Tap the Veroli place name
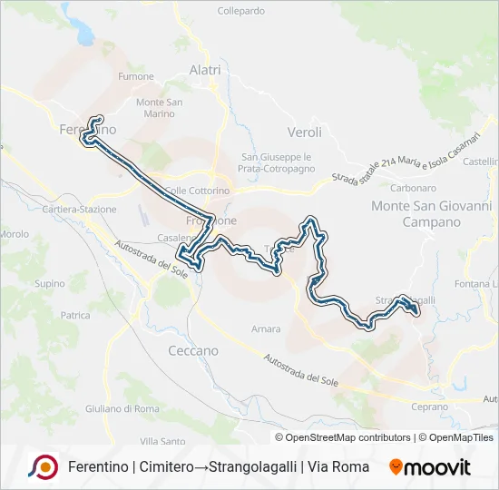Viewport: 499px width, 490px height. click(x=304, y=132)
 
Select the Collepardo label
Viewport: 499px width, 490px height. click(x=241, y=11)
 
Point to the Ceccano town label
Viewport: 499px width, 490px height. click(x=193, y=350)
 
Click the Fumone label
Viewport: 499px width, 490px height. click(x=137, y=77)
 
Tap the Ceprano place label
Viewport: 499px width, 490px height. click(x=429, y=407)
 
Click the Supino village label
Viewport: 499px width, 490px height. click(x=49, y=283)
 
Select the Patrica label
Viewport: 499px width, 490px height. click(x=75, y=316)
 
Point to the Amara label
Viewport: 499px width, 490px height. click(x=266, y=328)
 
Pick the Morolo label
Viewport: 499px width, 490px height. click(x=15, y=233)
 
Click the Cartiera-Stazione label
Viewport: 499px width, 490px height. click(x=80, y=210)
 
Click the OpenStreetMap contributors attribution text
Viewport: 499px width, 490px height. click(x=344, y=437)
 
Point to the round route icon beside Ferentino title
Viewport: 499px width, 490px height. click(x=43, y=466)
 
